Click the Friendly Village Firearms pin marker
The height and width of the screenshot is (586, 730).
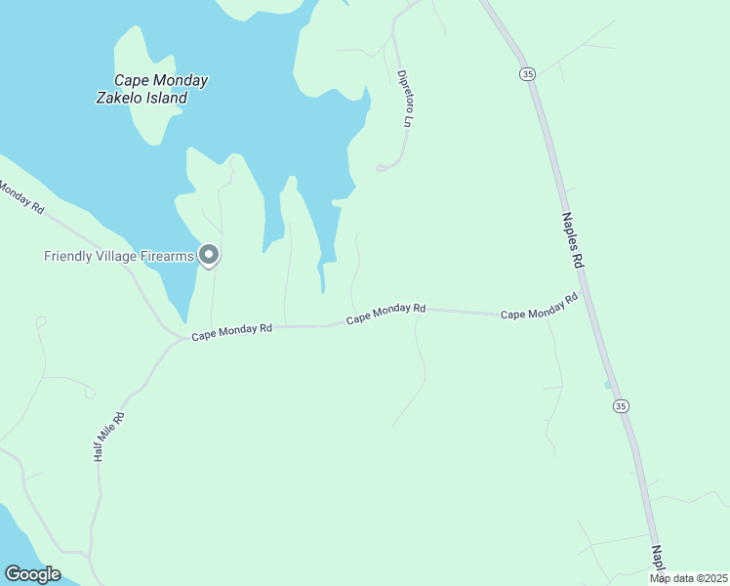(x=209, y=255)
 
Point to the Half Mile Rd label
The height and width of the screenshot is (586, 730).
(x=110, y=437)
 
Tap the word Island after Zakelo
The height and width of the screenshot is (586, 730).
(x=165, y=98)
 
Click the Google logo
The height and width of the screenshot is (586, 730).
(x=32, y=574)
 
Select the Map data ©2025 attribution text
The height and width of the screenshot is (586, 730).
(x=688, y=578)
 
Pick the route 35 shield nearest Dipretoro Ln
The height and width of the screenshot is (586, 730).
(x=527, y=73)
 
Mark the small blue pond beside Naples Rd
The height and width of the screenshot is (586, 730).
(x=608, y=385)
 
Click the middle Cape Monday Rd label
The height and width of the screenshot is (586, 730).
(x=386, y=314)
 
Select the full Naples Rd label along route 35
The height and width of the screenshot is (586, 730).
(x=572, y=242)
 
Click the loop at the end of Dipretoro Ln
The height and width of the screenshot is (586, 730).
(x=383, y=168)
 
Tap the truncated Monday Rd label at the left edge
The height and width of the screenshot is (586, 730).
(x=20, y=195)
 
